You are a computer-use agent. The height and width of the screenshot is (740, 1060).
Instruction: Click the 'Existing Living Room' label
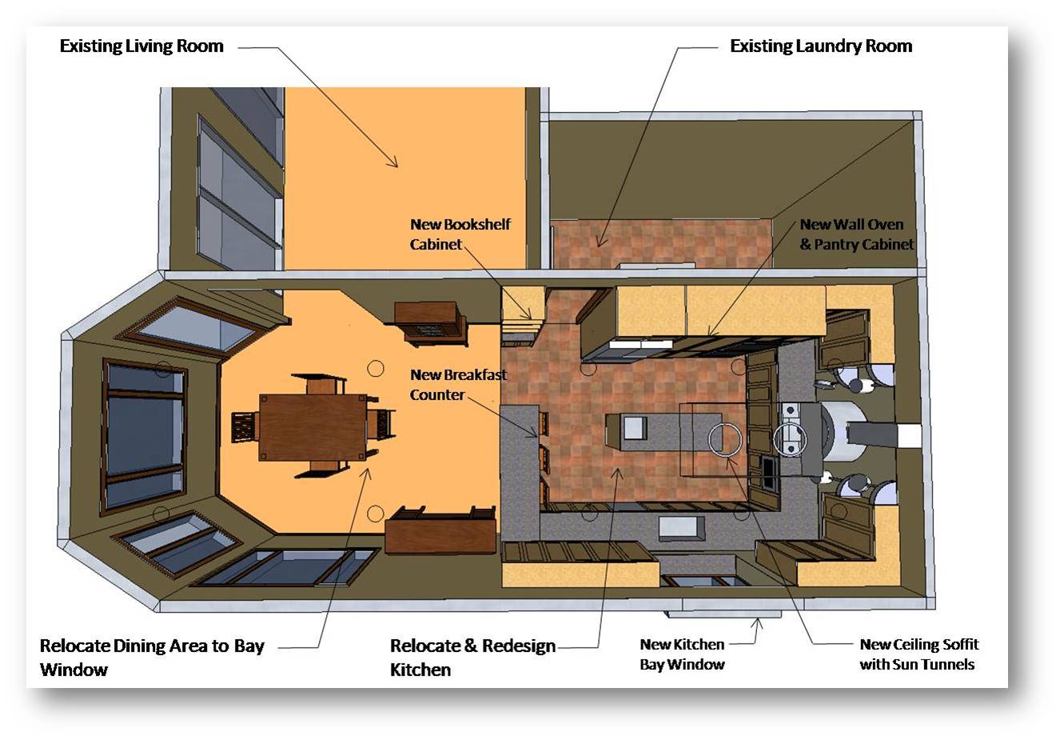point(141,46)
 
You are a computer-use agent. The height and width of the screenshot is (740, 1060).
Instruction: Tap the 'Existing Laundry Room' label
point(821,46)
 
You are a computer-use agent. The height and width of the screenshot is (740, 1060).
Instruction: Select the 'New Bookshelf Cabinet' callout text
point(460,234)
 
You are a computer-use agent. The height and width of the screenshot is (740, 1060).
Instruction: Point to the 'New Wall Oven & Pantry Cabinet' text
point(856,234)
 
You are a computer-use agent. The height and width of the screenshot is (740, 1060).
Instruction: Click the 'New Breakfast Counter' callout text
point(458,385)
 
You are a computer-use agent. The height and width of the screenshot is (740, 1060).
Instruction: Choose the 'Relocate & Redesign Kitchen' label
point(472,657)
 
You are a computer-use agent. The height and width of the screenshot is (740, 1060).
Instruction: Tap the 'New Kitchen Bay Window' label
point(682,654)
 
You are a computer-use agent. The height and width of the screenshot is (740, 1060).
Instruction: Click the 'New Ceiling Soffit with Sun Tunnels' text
point(919,654)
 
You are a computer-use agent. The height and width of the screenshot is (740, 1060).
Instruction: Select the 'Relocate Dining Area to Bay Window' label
point(152,657)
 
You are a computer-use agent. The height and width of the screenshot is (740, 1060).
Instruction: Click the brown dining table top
point(313,427)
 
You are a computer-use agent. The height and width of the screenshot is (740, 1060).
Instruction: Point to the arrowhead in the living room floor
point(393,161)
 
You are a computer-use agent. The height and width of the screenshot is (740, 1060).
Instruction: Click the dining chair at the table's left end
point(245,427)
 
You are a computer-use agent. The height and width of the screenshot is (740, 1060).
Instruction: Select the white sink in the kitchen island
point(635,427)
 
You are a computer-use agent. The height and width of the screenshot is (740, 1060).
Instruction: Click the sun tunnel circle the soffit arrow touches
point(724,439)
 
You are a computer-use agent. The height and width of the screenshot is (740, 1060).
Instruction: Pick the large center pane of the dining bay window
point(145,436)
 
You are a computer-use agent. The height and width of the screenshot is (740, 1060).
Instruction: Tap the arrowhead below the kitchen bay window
point(757,623)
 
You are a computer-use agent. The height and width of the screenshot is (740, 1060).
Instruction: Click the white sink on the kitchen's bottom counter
point(682,528)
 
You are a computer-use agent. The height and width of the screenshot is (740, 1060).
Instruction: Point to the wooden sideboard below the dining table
point(440,530)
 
